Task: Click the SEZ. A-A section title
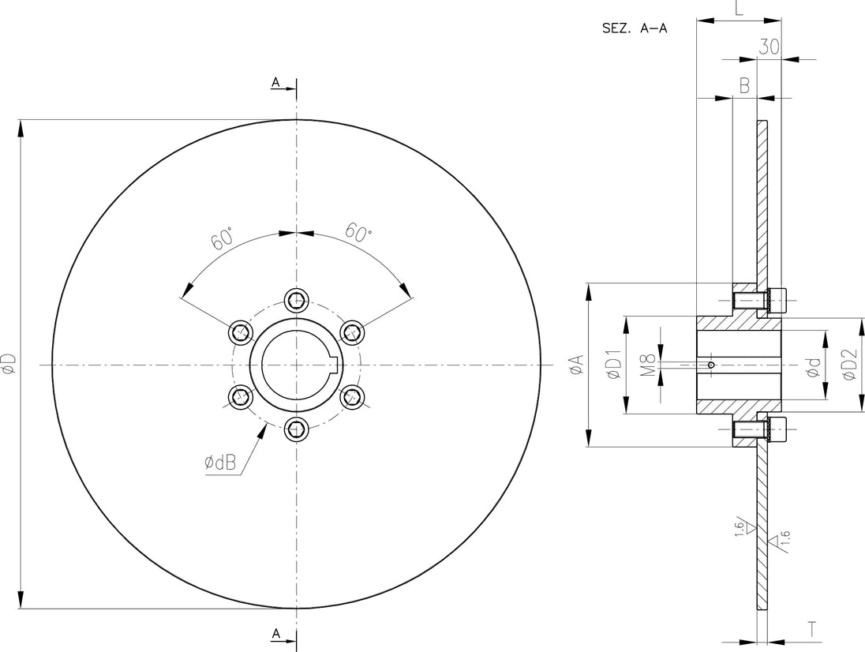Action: pyautogui.click(x=635, y=28)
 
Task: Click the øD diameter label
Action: pyautogui.click(x=10, y=364)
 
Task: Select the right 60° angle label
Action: pyautogui.click(x=358, y=233)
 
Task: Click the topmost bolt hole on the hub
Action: pyautogui.click(x=296, y=300)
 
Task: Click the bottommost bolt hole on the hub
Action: pyautogui.click(x=296, y=429)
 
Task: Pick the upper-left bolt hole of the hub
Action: pyautogui.click(x=241, y=332)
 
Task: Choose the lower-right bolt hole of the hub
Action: pyautogui.click(x=352, y=396)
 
